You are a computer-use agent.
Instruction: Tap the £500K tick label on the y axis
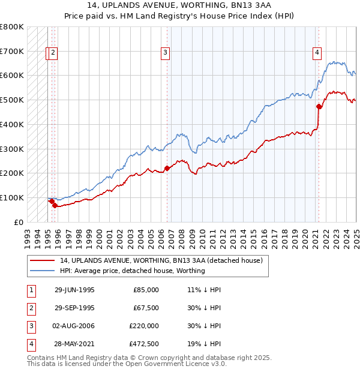[11, 100]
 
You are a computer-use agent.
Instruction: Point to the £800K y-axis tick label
[11, 27]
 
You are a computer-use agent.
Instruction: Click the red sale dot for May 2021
[319, 107]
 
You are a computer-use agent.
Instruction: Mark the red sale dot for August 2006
[167, 168]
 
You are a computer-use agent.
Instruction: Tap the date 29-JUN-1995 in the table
[74, 290]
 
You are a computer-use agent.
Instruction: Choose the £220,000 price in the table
[144, 326]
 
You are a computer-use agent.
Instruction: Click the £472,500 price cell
[144, 344]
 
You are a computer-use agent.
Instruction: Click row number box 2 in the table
[30, 308]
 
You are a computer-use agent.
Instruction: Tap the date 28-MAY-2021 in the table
[74, 344]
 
